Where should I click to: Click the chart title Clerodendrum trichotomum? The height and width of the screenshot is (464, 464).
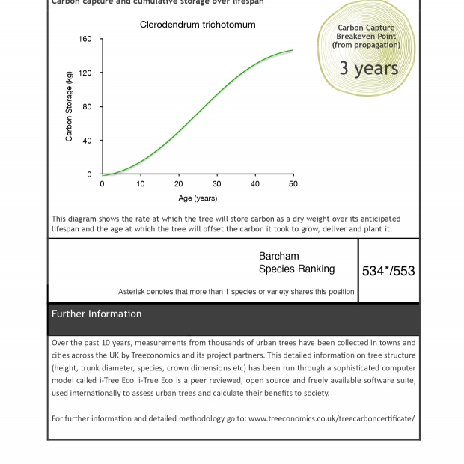[x=198, y=25]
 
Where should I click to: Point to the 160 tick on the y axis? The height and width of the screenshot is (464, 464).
[x=85, y=39]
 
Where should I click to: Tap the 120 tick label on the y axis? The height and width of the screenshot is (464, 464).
[x=85, y=73]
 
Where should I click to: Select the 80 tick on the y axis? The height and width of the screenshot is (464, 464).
[x=87, y=107]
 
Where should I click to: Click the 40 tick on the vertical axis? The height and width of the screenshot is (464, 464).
[x=87, y=141]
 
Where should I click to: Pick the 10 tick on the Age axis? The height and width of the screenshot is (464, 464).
[x=141, y=183]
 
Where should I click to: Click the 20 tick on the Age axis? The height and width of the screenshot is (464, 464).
[x=179, y=183]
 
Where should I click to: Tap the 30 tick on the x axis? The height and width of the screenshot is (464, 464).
[x=217, y=183]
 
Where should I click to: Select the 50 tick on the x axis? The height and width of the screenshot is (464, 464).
[x=293, y=183]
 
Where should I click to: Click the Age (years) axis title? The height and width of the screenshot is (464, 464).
[x=198, y=198]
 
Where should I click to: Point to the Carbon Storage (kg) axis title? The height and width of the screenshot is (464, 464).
[x=70, y=106]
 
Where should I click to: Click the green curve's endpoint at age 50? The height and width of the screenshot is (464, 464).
[x=293, y=51]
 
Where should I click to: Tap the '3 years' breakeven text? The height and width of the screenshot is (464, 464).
[x=368, y=68]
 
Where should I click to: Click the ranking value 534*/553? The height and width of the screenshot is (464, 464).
[x=388, y=271]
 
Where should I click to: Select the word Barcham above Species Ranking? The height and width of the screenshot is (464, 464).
[x=278, y=256]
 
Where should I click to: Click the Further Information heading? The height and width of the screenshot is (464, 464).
[x=97, y=314]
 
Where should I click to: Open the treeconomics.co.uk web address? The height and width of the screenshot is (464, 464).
[x=331, y=418]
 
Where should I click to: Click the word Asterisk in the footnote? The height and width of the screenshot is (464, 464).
[x=132, y=292]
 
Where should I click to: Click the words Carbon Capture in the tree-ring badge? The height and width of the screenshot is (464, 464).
[x=366, y=28]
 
